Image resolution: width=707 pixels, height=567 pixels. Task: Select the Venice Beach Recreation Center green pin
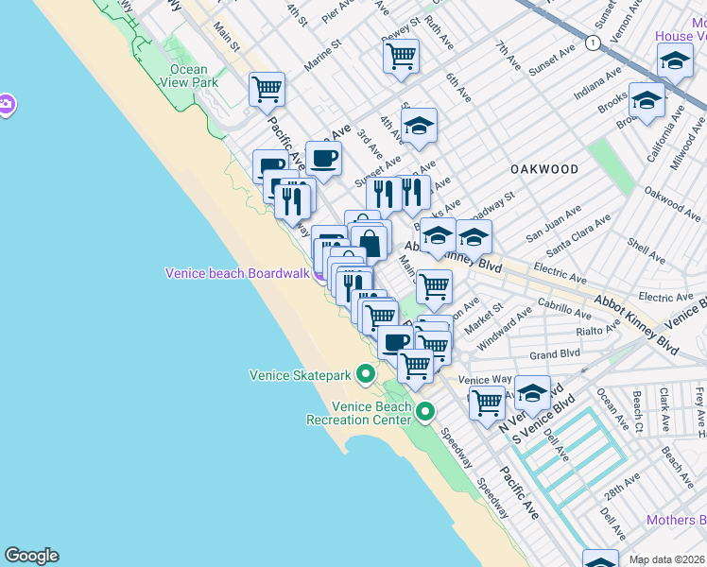pos(425,411)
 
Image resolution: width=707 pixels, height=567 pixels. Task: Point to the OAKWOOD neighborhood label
pos(544,169)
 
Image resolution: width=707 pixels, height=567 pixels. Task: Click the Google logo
pos(31,556)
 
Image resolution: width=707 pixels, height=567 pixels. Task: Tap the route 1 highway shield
pos(592,43)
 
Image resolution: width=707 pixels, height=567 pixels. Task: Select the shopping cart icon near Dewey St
pos(401,57)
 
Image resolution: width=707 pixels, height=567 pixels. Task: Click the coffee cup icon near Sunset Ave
pos(323,158)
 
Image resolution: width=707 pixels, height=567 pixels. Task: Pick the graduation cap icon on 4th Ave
pos(419,125)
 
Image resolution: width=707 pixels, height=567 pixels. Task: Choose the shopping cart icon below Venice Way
pos(487,402)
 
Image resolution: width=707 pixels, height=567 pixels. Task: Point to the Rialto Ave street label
pos(596,332)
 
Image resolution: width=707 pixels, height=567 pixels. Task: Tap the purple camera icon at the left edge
pos(5,104)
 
